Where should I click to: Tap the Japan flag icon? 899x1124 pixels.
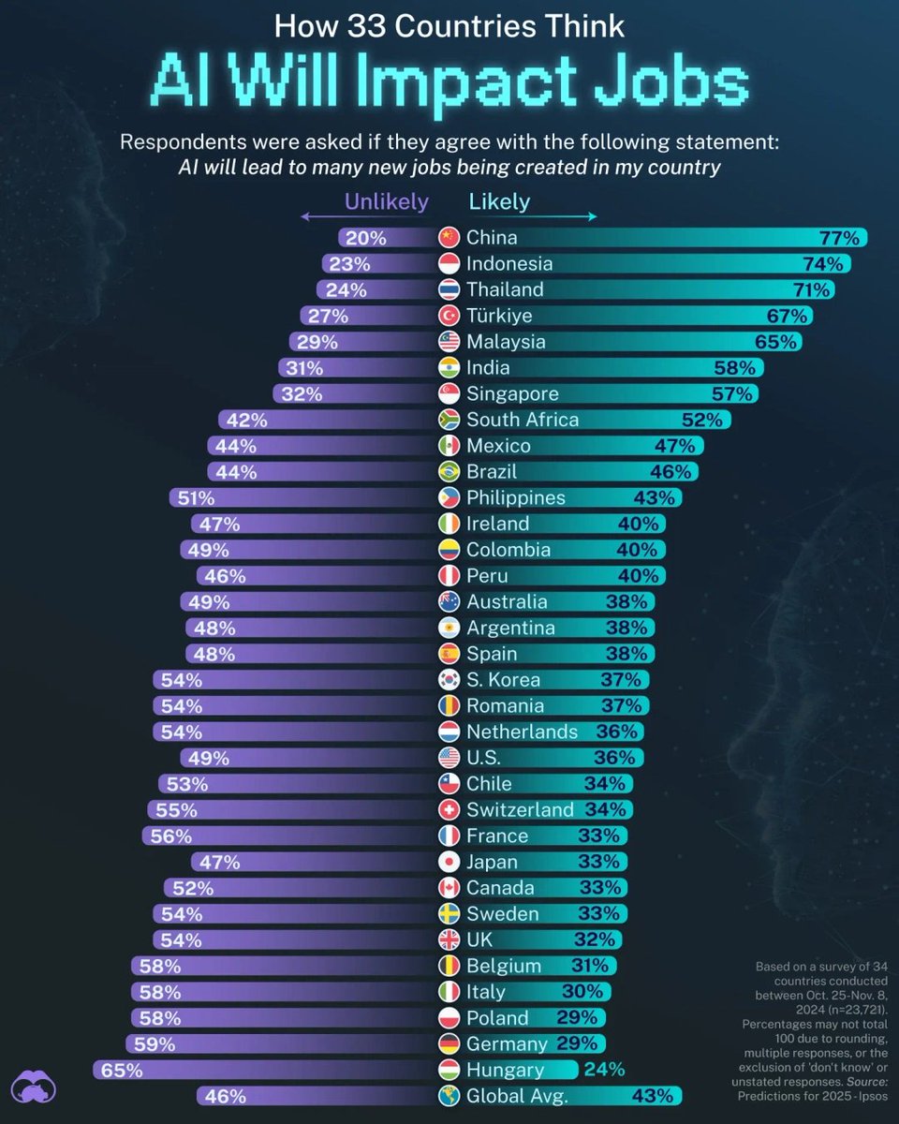click(x=449, y=862)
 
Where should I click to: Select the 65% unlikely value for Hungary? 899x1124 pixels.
click(x=119, y=1070)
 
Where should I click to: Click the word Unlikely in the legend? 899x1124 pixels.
click(x=386, y=201)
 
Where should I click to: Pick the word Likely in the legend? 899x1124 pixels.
click(x=499, y=201)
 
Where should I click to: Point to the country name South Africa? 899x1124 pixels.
click(x=523, y=420)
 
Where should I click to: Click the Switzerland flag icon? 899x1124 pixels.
click(x=449, y=809)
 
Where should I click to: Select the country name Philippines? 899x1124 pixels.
click(x=516, y=497)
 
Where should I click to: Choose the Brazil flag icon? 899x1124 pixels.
click(x=449, y=472)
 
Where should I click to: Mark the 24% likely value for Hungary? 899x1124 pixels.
click(x=604, y=1070)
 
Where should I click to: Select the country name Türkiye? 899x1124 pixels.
click(x=498, y=316)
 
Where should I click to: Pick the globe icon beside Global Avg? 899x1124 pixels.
click(x=449, y=1096)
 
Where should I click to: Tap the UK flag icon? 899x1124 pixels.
click(x=449, y=939)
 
